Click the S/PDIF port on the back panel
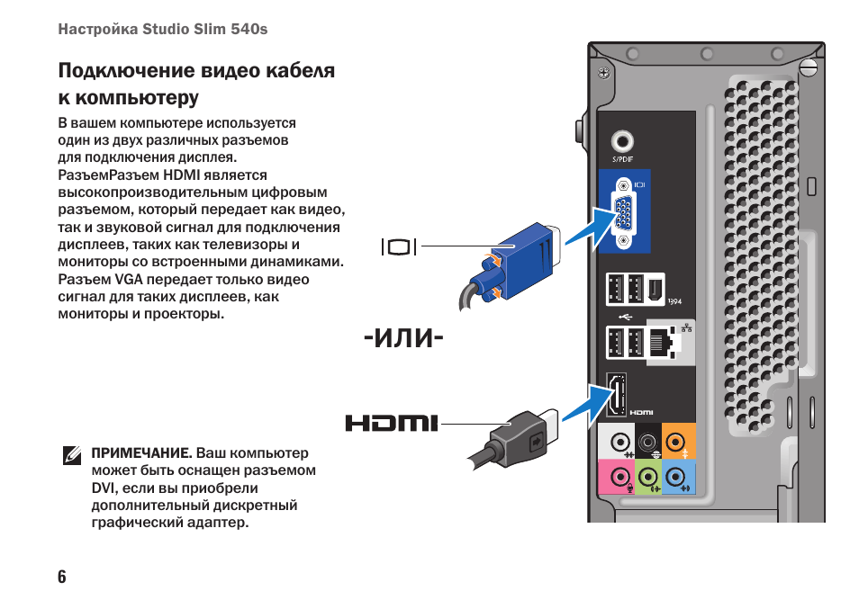point(622,141)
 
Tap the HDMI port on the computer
point(617,395)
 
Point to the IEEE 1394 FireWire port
point(655,290)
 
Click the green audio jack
point(647,476)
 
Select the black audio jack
point(647,443)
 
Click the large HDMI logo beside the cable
point(391,423)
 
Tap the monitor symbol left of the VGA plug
point(400,246)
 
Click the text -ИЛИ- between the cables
point(402,339)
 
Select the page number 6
point(62,577)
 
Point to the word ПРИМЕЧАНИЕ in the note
point(140,452)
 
